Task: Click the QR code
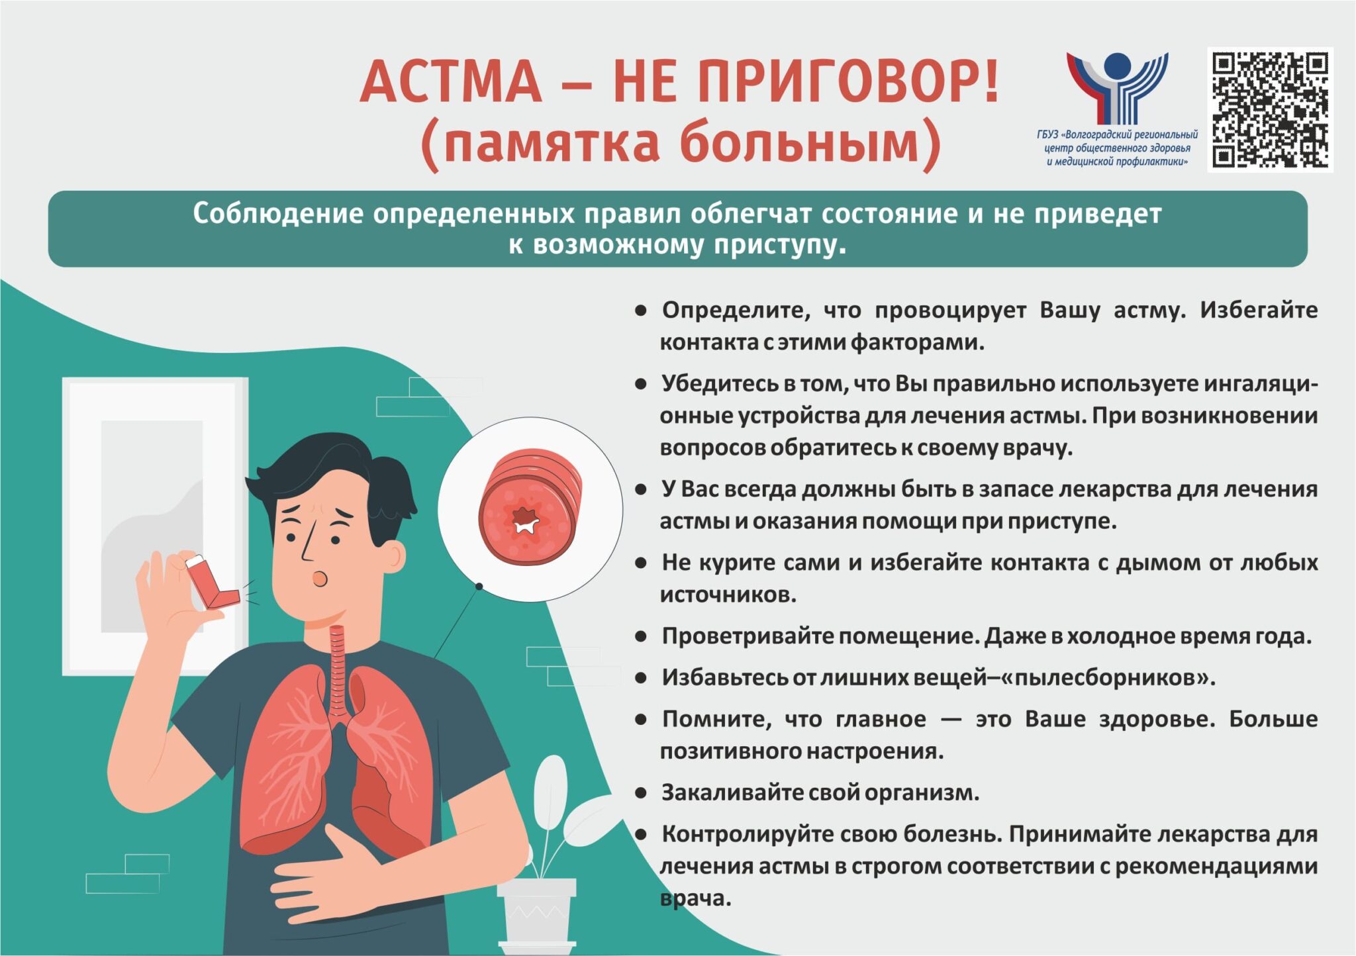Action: [x=1270, y=110]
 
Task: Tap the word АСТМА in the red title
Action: [x=451, y=81]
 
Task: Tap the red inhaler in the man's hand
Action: [x=211, y=581]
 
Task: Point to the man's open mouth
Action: [x=320, y=579]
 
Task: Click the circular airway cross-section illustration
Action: [x=530, y=509]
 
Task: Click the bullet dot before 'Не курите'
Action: [x=640, y=563]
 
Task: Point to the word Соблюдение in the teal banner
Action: [x=278, y=214]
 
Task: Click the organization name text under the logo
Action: [x=1117, y=148]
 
